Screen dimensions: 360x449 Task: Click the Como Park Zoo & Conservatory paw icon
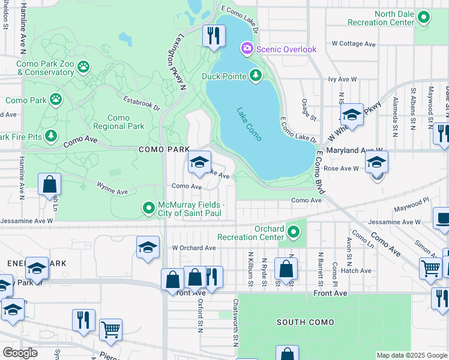83,66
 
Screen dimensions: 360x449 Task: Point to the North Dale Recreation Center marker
424,18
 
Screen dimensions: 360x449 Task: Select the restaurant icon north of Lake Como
213,36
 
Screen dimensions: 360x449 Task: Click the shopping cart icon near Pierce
110,329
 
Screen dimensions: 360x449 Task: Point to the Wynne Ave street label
113,192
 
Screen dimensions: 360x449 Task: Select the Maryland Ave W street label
354,150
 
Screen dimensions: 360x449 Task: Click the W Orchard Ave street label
194,248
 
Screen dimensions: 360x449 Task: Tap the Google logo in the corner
19,353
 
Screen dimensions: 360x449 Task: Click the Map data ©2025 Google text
412,355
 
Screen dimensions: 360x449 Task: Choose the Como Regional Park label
119,122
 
